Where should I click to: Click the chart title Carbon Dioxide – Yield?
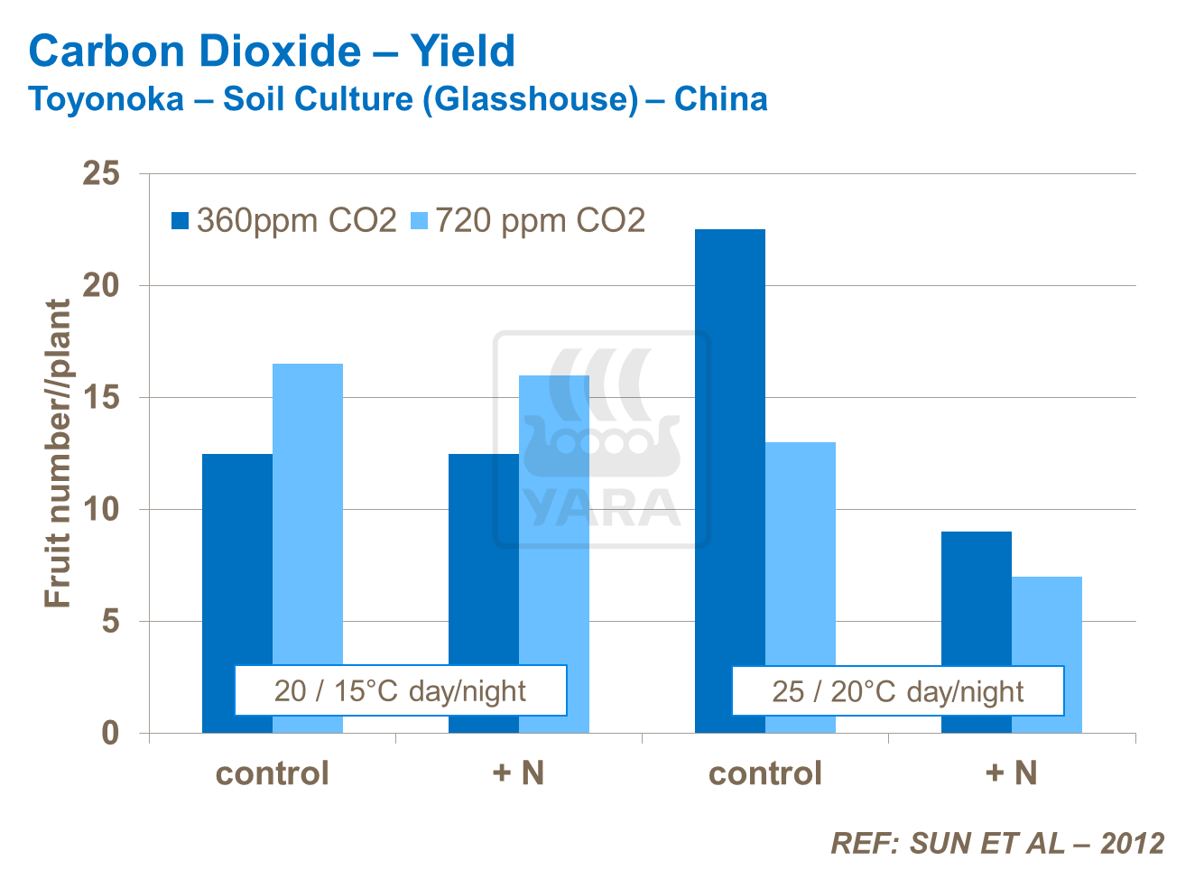click(272, 51)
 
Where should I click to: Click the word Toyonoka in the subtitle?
click(107, 98)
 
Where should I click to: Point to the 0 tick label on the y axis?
click(110, 733)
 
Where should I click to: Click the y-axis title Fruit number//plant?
click(58, 453)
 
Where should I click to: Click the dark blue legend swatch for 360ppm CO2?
click(181, 221)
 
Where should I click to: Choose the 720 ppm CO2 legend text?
click(540, 221)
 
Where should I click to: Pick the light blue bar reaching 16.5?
click(308, 505)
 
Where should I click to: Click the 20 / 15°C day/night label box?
click(400, 690)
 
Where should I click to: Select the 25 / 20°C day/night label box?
click(897, 691)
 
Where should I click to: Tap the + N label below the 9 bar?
click(1011, 773)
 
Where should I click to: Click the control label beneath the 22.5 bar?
click(764, 773)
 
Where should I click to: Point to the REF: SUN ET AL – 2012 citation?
click(996, 843)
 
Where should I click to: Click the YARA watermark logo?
click(602, 440)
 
